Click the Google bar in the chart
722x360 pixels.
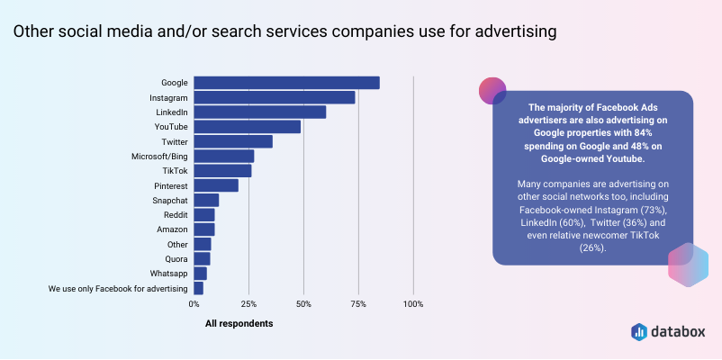286,83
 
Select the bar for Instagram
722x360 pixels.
275,97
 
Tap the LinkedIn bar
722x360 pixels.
260,112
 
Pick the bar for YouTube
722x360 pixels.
248,127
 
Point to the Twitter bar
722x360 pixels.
233,141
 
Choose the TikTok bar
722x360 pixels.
222,171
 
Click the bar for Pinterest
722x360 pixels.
216,185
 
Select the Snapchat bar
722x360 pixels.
206,200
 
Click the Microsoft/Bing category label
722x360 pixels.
159,157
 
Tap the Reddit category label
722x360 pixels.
175,215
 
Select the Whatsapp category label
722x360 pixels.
169,274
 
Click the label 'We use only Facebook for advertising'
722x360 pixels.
118,289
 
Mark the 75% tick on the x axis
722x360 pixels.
358,304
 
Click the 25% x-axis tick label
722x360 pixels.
248,304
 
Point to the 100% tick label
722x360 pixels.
413,304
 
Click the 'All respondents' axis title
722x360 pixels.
239,323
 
